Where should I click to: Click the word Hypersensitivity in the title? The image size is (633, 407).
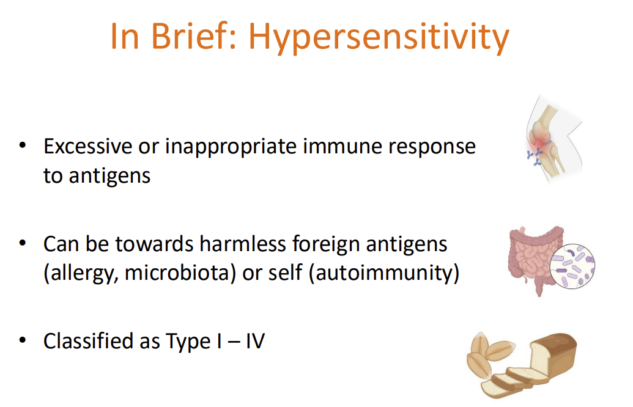click(379, 38)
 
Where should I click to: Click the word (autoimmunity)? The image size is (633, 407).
click(383, 273)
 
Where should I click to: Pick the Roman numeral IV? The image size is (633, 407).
click(255, 340)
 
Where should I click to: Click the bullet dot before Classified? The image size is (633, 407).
click(23, 339)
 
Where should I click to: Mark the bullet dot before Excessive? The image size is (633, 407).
click(23, 146)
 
